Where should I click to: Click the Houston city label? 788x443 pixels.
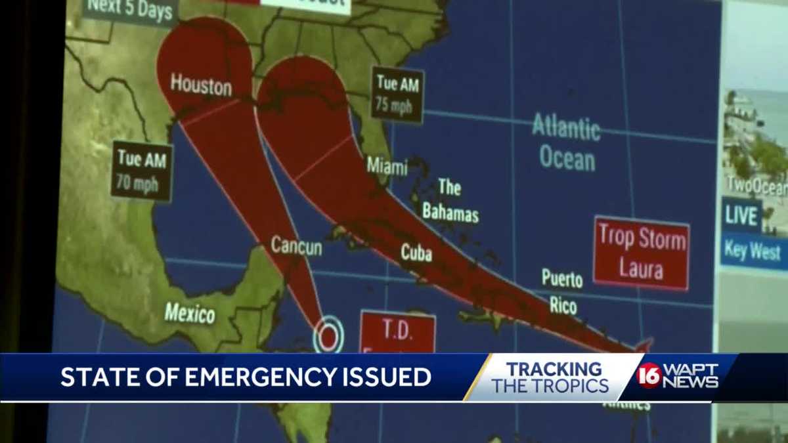point(201,85)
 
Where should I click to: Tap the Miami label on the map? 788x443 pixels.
point(387,165)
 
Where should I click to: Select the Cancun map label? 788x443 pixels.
point(296,246)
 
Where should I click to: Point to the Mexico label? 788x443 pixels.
point(190,312)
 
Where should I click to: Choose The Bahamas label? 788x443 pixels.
point(450,200)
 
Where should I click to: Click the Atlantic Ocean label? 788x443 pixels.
point(567,141)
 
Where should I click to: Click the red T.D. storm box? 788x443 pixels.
point(397,332)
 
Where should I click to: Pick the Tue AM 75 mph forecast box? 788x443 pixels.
point(397,93)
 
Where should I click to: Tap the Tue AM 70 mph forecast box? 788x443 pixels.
point(142,170)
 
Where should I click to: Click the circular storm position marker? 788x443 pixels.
point(328,335)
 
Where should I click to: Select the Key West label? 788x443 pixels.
point(753,251)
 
